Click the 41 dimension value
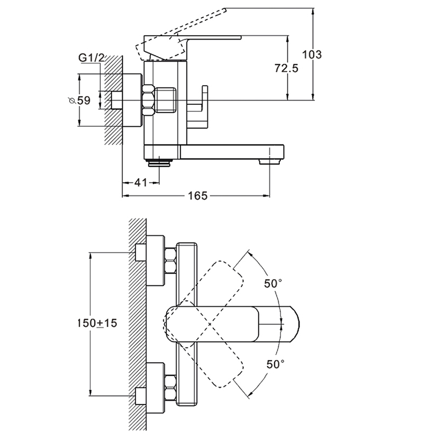click(x=140, y=183)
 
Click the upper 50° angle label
click(x=273, y=283)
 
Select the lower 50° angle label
click(x=275, y=364)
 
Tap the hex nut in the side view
click(x=149, y=100)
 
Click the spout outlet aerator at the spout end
click(x=269, y=161)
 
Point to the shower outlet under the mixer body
click(x=160, y=162)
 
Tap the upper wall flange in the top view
click(x=155, y=261)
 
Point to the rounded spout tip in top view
click(x=294, y=324)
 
